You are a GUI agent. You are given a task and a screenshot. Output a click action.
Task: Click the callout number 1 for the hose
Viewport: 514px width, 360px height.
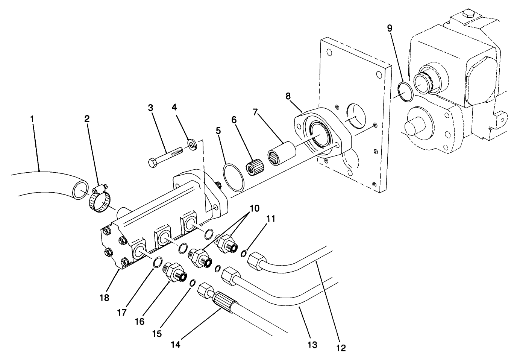[x=32, y=119]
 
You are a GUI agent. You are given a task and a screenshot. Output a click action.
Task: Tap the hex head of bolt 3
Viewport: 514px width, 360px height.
[x=153, y=164]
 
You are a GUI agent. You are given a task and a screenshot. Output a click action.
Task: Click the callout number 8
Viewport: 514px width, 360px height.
[x=288, y=96]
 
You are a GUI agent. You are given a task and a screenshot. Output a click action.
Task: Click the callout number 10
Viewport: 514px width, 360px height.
[x=254, y=208]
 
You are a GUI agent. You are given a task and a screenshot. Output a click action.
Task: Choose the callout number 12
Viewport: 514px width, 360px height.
[x=341, y=348]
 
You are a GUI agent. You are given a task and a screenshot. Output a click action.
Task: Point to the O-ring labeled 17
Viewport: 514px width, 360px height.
[x=158, y=262]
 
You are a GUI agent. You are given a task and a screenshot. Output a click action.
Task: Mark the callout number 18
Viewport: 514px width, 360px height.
[x=104, y=298]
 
